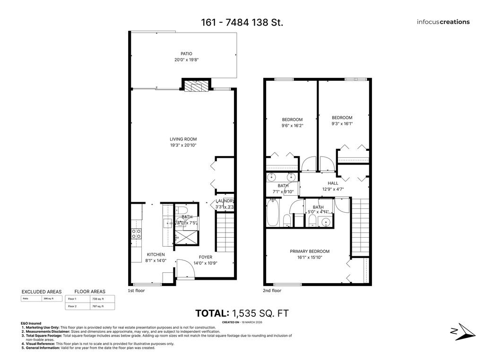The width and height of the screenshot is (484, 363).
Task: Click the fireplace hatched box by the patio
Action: (193, 86)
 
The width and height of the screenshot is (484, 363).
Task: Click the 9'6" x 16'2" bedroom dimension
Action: (292, 126)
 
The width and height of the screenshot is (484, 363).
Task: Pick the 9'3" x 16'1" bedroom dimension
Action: (342, 124)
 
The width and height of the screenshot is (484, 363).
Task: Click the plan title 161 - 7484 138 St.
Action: (242, 22)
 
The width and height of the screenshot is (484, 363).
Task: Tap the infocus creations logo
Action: (443, 22)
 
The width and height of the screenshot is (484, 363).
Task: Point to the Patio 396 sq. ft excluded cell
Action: (49, 299)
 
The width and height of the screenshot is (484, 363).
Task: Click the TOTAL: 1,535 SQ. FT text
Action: (242, 313)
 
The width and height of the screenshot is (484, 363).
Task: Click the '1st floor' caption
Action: (136, 291)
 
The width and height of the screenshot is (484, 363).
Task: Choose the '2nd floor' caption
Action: (272, 291)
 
